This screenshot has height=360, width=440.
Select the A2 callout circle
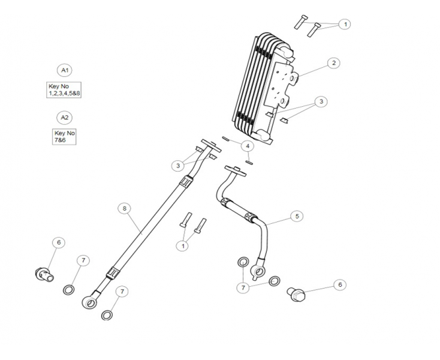(64, 117)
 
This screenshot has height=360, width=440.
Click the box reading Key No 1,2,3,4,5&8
(64, 90)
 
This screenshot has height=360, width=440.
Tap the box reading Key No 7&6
(64, 136)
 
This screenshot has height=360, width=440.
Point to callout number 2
(334, 63)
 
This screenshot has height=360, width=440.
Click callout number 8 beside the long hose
(124, 208)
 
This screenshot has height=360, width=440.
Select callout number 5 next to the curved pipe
(296, 215)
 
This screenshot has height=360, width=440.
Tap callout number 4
(248, 146)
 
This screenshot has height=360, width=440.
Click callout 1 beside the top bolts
(345, 24)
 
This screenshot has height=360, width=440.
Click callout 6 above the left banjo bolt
(58, 242)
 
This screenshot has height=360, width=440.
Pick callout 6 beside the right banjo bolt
(340, 284)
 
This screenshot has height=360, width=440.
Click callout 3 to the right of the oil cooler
(321, 102)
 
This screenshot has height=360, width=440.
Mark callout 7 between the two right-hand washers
(243, 288)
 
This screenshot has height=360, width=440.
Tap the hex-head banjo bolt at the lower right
(297, 294)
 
